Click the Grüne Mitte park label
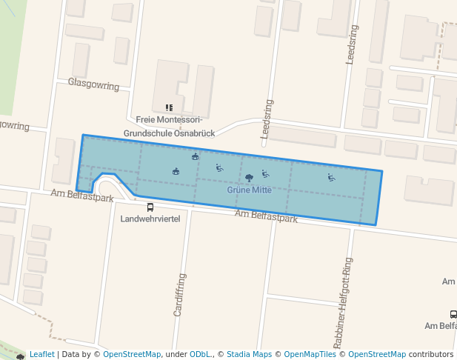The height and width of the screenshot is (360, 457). [x=249, y=190]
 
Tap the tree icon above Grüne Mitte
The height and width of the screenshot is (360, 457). [x=249, y=178]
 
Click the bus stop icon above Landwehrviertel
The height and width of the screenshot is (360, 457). [x=150, y=207]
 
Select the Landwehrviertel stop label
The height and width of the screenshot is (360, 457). [x=150, y=219]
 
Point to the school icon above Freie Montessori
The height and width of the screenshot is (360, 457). [x=169, y=107]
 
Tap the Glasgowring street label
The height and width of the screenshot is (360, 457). [x=93, y=85]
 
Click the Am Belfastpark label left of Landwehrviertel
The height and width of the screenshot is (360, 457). [x=81, y=196]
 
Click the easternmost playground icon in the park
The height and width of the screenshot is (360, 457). [x=331, y=177]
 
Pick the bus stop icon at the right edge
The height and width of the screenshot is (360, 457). [x=453, y=314]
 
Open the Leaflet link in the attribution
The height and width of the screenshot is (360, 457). [x=41, y=355]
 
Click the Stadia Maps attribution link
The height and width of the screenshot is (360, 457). [x=251, y=355]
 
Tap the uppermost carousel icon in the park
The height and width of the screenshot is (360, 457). [x=195, y=156]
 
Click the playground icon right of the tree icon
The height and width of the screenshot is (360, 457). [x=265, y=174]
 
